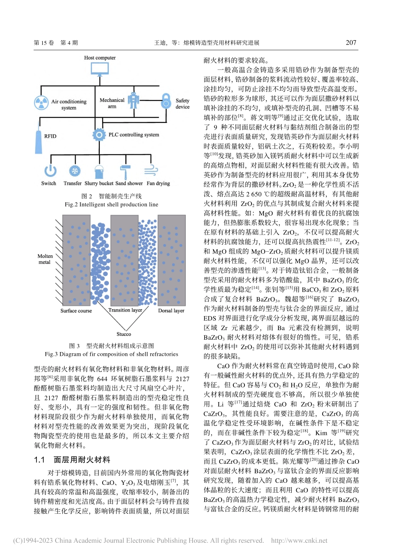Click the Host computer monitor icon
(100, 68)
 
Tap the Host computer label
(100, 58)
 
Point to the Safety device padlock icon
(166, 101)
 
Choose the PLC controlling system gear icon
(99, 134)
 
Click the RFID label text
(50, 136)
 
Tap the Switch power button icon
(50, 170)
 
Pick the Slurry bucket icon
(99, 171)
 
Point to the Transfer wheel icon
(74, 170)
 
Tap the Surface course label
(76, 311)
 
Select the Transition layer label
(125, 310)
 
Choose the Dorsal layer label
(171, 310)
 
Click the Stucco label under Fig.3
(124, 334)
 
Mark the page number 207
(351, 43)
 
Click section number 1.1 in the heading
(39, 460)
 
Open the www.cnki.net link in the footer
(299, 540)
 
